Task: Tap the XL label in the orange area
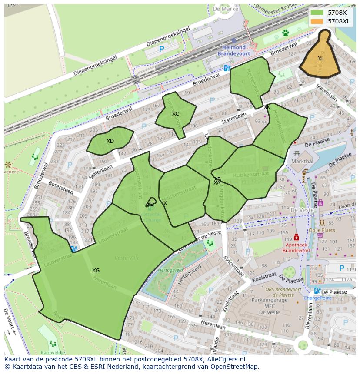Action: coord(321,59)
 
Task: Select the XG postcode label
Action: coord(96,271)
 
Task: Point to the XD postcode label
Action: coord(110,141)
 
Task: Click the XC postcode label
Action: coord(175,114)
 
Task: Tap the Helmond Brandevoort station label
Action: coord(234,50)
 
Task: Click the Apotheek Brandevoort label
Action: coord(297,248)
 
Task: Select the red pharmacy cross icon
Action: coord(297,237)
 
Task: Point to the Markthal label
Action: coord(302,161)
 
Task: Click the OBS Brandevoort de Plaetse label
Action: coord(283,292)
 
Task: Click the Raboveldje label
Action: coord(53,353)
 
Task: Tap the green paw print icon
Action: coord(286,33)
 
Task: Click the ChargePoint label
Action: coord(317,298)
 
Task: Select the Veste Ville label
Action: coord(127,258)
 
